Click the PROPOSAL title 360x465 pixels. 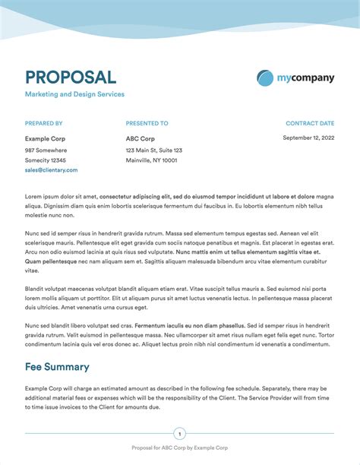pos(71,77)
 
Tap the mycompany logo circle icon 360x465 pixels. pos(265,77)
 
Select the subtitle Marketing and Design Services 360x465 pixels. pos(74,94)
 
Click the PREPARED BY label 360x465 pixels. pos(43,123)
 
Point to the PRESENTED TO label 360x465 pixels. pos(147,123)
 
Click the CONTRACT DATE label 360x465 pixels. pos(310,123)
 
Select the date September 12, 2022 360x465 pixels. pos(308,138)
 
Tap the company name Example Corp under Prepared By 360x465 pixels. pos(45,139)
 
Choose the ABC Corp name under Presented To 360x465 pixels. pos(141,139)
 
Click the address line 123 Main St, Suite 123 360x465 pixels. pos(154,150)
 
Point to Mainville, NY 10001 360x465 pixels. pos(151,160)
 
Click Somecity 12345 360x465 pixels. pos(46,160)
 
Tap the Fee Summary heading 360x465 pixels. pos(57,367)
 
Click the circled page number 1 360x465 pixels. pos(180,435)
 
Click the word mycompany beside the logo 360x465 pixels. pos(305,77)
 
